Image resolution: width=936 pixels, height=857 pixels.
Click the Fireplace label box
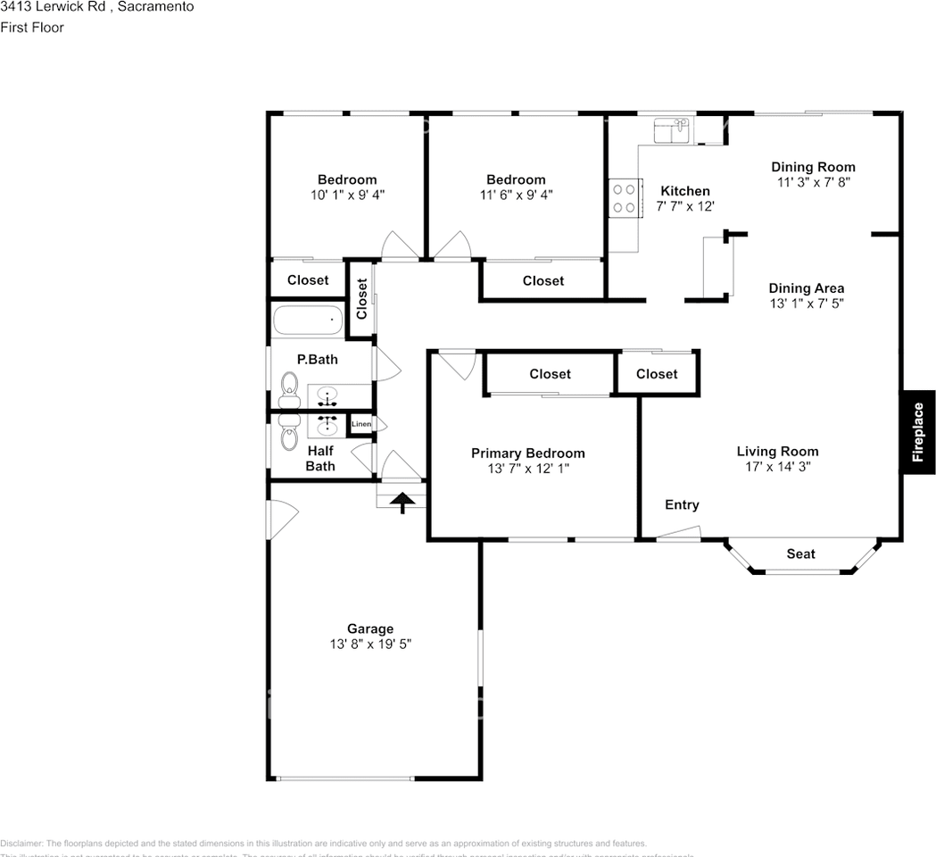[x=917, y=432]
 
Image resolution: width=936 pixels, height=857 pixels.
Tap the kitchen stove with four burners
[x=625, y=197]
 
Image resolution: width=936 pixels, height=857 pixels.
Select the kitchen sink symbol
[x=670, y=131]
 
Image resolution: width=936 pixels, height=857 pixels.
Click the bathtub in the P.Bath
[x=307, y=320]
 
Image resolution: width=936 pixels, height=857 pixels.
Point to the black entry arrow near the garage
[x=403, y=503]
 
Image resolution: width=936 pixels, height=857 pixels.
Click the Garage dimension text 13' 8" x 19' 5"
[x=370, y=644]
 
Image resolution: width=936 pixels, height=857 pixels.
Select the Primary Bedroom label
[x=527, y=453]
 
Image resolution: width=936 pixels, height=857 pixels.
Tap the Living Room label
[x=777, y=451]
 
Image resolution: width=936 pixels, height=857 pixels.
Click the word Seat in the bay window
[x=800, y=553]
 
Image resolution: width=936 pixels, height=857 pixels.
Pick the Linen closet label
[x=361, y=424]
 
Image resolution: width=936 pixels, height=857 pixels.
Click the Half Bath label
[x=320, y=458]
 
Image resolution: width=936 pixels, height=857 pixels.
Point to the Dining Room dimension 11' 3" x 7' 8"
[x=813, y=182]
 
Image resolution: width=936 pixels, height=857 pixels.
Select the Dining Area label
[x=806, y=288]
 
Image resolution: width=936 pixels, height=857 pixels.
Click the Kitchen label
[x=684, y=191]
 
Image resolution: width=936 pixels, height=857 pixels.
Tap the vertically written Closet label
[x=361, y=299]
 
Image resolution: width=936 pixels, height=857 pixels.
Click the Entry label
[x=682, y=505]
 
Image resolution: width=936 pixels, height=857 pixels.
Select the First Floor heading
[x=32, y=28]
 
